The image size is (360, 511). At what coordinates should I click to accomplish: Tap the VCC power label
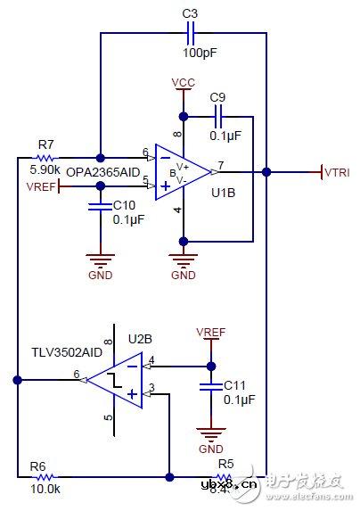click(x=184, y=83)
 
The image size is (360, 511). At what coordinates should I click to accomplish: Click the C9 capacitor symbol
click(x=217, y=116)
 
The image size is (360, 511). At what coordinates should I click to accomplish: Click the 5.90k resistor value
click(x=45, y=168)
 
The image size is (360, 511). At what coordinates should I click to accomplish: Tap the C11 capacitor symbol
click(x=211, y=387)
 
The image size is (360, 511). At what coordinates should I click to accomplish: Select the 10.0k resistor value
click(x=45, y=490)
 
